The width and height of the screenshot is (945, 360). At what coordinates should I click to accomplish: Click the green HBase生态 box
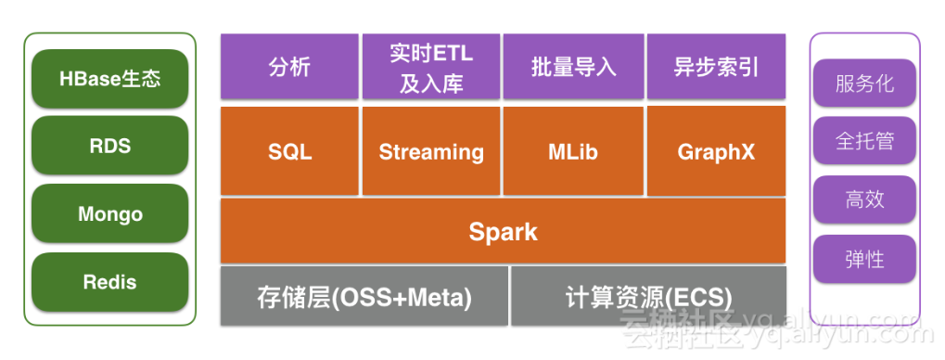click(x=109, y=79)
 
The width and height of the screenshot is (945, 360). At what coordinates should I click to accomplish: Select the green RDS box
click(x=109, y=146)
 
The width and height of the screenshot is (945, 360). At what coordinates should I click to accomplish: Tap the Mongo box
click(x=109, y=213)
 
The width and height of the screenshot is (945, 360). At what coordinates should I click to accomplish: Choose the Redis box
click(x=109, y=282)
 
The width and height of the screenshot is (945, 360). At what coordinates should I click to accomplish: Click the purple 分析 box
click(x=289, y=66)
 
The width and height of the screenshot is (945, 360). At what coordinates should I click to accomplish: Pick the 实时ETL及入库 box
click(x=431, y=66)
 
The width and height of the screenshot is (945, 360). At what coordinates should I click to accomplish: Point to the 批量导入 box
click(x=573, y=66)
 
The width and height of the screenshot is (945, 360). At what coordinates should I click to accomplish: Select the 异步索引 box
click(x=716, y=66)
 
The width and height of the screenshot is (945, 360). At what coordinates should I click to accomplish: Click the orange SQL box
click(x=289, y=151)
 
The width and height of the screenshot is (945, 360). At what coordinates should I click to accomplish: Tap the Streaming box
click(x=431, y=151)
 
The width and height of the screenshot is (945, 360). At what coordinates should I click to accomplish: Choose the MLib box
click(x=573, y=151)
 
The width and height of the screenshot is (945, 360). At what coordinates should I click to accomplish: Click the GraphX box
click(x=716, y=151)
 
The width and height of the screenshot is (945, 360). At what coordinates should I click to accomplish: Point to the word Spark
click(x=504, y=232)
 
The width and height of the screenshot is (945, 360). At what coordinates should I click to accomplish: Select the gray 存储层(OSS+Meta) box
click(x=364, y=295)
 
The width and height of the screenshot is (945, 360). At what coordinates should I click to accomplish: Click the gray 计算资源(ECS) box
click(x=648, y=295)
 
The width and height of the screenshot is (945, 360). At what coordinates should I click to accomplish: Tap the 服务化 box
click(x=864, y=83)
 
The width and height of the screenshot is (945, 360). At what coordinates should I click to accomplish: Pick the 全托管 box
click(x=864, y=140)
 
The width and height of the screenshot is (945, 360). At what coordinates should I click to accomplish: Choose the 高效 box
click(x=864, y=199)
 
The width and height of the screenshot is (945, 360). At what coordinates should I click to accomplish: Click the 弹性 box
click(x=864, y=259)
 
